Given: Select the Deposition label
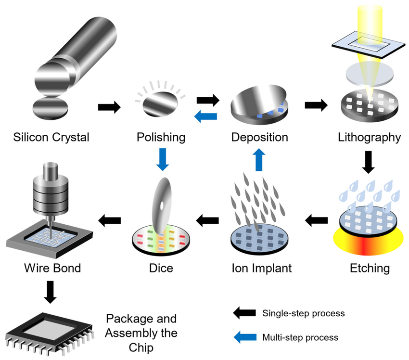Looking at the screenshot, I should click(x=259, y=137).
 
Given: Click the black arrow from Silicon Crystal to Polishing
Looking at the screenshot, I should click(x=109, y=107).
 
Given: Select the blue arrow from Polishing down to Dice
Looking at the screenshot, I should click(x=163, y=159).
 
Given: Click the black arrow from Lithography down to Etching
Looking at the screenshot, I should click(x=368, y=162).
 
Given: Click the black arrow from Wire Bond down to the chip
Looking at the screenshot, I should click(x=51, y=292).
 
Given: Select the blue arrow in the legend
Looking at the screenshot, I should click(x=244, y=337).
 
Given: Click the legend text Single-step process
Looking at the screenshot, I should click(x=303, y=313).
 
